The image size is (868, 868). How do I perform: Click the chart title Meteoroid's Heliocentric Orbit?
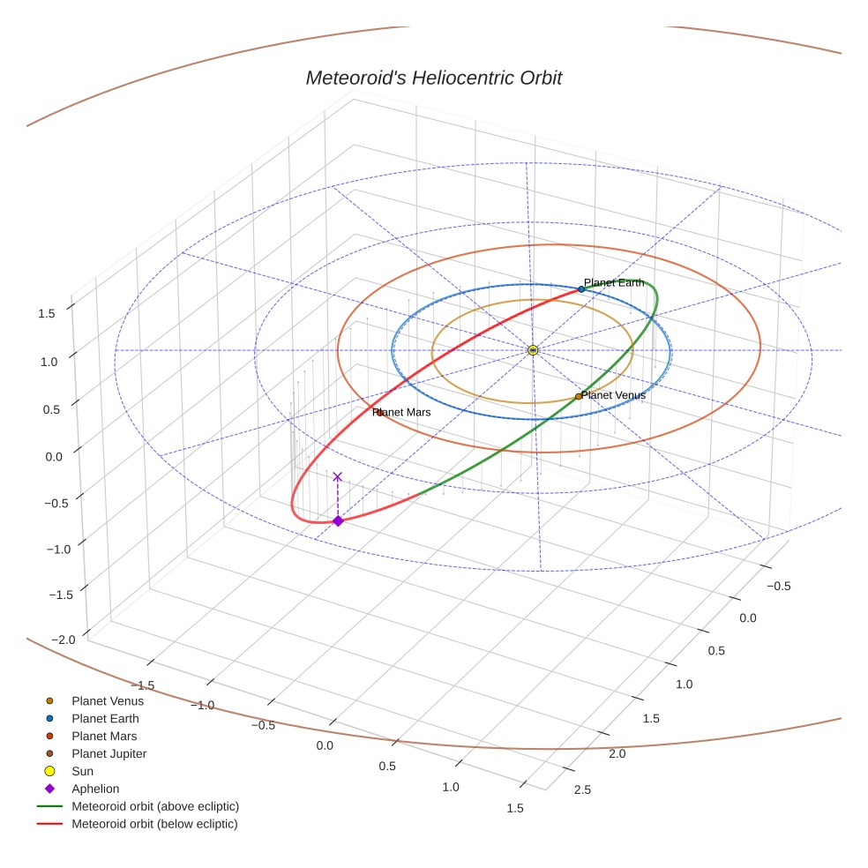click(433, 79)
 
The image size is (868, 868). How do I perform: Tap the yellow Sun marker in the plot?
click(533, 350)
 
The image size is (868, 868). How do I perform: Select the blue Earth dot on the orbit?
click(581, 289)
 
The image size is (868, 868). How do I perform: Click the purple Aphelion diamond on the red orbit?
click(338, 521)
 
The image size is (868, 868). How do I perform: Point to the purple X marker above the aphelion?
click(337, 476)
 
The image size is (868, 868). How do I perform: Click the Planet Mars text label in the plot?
click(401, 412)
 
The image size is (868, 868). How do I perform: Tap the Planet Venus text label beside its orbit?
click(613, 395)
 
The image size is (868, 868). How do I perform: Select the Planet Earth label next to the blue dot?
click(614, 283)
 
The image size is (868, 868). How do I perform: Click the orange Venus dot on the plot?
click(579, 397)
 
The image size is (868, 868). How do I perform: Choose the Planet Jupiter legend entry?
click(108, 753)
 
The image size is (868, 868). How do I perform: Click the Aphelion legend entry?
click(95, 789)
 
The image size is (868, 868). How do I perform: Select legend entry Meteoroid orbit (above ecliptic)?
click(155, 806)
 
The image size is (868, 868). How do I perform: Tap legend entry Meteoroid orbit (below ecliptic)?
click(154, 824)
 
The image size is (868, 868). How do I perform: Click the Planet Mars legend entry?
click(104, 736)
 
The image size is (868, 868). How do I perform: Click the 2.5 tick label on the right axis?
click(581, 789)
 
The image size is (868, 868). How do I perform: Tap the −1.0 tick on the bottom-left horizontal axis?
click(205, 705)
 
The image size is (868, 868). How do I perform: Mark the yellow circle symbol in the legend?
click(49, 771)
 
